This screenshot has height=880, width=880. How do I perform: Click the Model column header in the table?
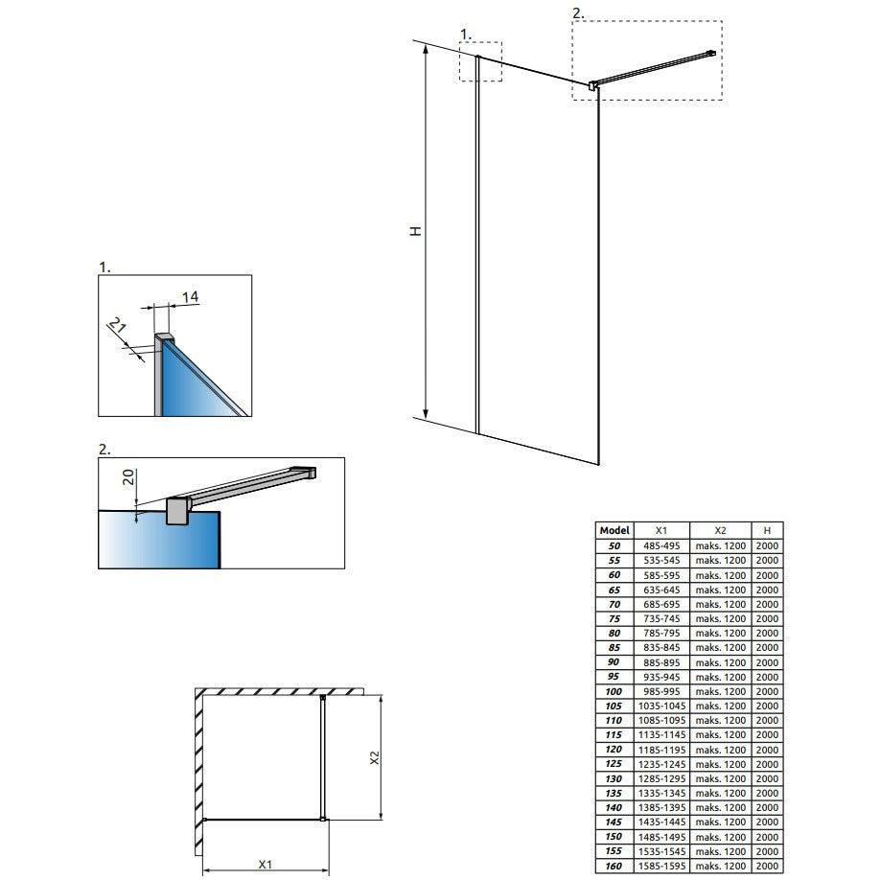(x=614, y=530)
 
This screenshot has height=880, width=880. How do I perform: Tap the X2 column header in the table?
(x=721, y=530)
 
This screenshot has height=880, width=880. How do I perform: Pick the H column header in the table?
(x=767, y=530)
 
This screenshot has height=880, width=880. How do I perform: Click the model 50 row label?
(x=614, y=545)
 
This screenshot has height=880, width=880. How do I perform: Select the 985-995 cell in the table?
(x=660, y=691)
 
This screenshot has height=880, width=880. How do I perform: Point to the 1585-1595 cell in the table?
(x=660, y=866)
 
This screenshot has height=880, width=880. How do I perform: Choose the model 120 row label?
(x=614, y=750)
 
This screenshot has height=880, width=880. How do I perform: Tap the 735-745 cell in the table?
(x=660, y=618)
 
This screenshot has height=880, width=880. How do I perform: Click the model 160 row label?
(x=614, y=866)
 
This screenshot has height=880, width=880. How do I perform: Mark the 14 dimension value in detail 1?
(x=190, y=298)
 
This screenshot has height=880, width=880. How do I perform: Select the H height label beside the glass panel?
(x=415, y=231)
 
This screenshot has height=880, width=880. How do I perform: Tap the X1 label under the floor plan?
(x=264, y=864)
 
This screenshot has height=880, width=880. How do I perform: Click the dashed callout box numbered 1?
(x=480, y=61)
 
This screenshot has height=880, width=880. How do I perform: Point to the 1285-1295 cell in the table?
(x=660, y=778)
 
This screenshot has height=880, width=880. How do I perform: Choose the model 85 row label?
(x=614, y=647)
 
